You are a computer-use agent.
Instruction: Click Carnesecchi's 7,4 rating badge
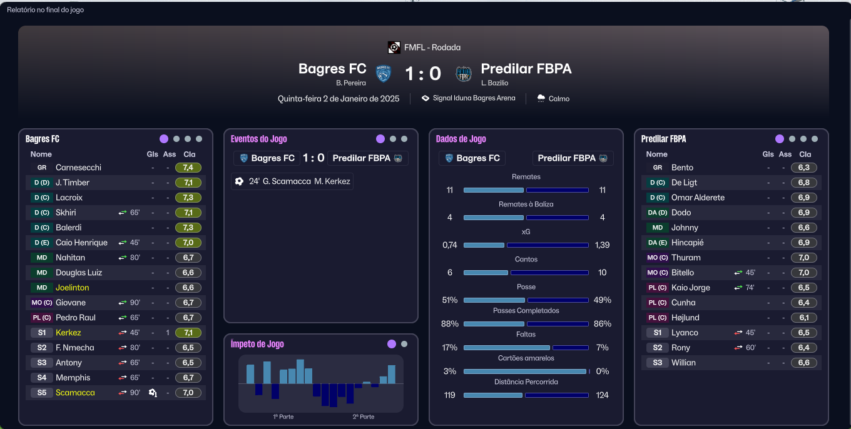(188, 168)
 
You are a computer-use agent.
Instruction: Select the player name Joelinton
(72, 288)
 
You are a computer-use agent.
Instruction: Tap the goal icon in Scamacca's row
(153, 393)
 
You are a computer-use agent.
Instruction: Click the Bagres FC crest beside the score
(384, 74)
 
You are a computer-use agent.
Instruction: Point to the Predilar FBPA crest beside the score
(464, 74)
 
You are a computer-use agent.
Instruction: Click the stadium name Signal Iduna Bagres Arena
(474, 98)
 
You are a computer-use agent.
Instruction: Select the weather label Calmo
(559, 99)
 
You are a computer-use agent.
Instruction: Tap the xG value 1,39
(602, 245)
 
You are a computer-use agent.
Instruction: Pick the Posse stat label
(526, 286)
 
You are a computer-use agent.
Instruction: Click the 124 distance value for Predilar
(602, 395)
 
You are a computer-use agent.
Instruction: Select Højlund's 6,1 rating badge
(803, 318)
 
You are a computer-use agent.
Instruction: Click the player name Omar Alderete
(698, 198)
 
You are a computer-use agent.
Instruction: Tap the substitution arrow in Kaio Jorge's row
(738, 288)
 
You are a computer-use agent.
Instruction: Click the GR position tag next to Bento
(657, 168)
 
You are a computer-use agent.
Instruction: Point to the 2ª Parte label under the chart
(363, 416)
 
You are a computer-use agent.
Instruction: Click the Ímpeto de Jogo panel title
(257, 344)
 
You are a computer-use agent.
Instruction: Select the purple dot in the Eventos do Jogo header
(380, 139)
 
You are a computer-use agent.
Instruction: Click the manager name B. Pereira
(350, 83)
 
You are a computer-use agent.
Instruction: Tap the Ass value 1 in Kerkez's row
(168, 333)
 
